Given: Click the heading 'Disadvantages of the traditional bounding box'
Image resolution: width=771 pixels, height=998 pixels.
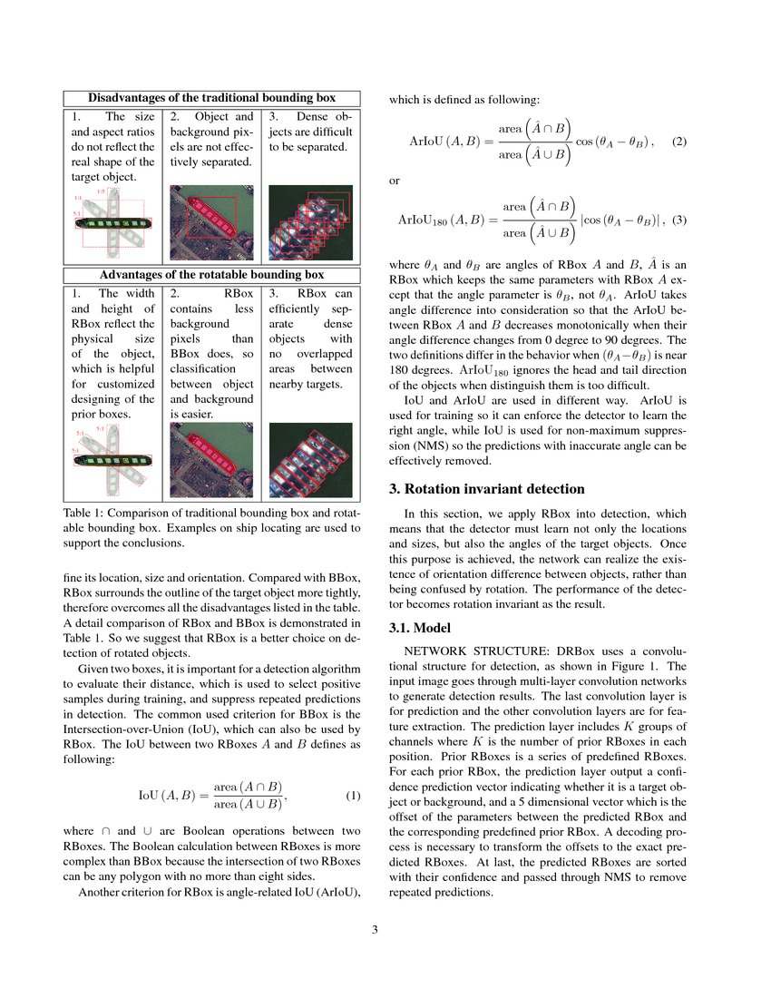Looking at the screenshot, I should click(211, 98).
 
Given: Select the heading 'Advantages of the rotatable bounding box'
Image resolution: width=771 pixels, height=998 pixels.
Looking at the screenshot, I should click(211, 275).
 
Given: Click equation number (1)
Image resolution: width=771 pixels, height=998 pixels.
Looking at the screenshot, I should click(354, 797).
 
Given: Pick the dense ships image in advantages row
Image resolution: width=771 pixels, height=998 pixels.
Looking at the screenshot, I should click(311, 461).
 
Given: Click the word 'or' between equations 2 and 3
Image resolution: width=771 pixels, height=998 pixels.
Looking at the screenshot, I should click(395, 181).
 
